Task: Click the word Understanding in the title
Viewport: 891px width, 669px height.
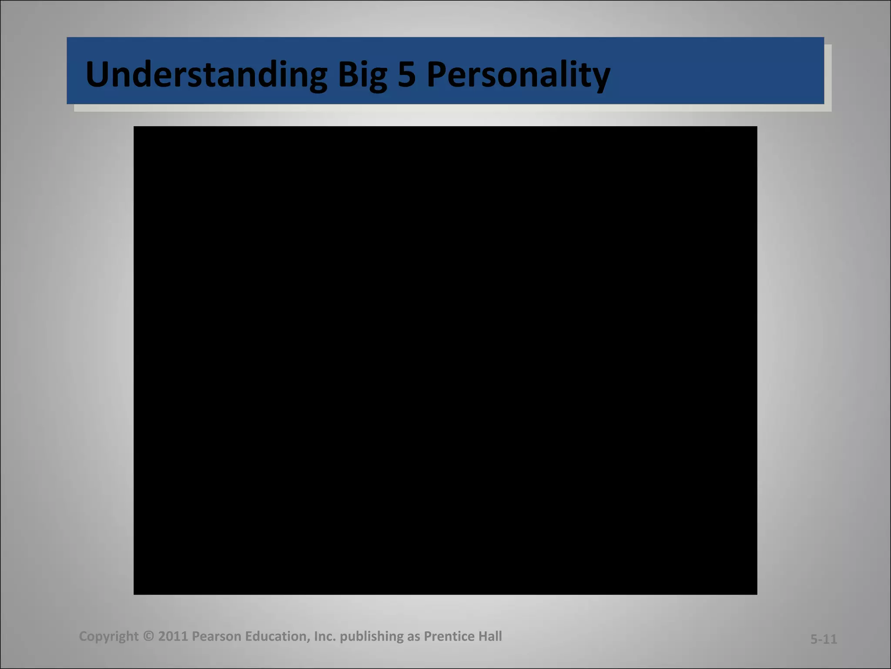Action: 206,74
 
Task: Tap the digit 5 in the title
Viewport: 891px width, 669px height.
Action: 406,74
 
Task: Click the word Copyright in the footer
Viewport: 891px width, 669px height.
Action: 109,636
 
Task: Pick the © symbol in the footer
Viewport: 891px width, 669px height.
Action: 148,636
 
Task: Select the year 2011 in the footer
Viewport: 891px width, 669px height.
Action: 173,636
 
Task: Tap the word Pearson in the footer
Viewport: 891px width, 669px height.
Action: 216,636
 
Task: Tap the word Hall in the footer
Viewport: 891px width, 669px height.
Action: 490,636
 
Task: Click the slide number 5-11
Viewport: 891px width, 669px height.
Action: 824,639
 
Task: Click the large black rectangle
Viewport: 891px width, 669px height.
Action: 445,360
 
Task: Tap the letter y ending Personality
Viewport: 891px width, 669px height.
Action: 601,78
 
